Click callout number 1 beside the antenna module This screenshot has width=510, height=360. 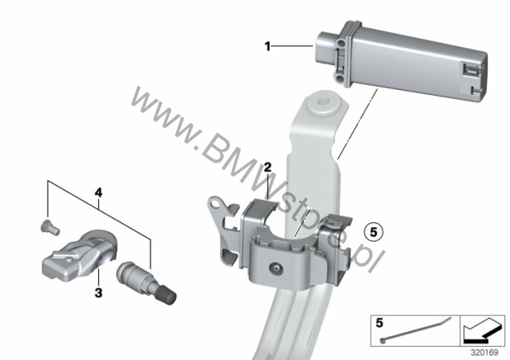pyautogui.click(x=268, y=47)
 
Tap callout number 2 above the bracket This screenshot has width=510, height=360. pyautogui.click(x=268, y=168)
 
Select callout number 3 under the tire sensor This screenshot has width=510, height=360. pyautogui.click(x=98, y=292)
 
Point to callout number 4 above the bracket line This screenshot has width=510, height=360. pyautogui.click(x=98, y=193)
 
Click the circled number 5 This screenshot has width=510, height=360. pyautogui.click(x=373, y=232)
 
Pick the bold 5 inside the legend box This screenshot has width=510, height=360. pyautogui.click(x=379, y=324)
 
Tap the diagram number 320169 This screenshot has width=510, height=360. pyautogui.click(x=485, y=353)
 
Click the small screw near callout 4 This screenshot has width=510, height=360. pyautogui.click(x=50, y=227)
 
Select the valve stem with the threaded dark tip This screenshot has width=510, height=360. pyautogui.click(x=146, y=282)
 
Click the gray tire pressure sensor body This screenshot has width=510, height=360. pyautogui.click(x=80, y=255)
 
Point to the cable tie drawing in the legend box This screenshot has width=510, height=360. pyautogui.click(x=416, y=330)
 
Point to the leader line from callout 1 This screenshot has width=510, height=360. pyautogui.click(x=291, y=47)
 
